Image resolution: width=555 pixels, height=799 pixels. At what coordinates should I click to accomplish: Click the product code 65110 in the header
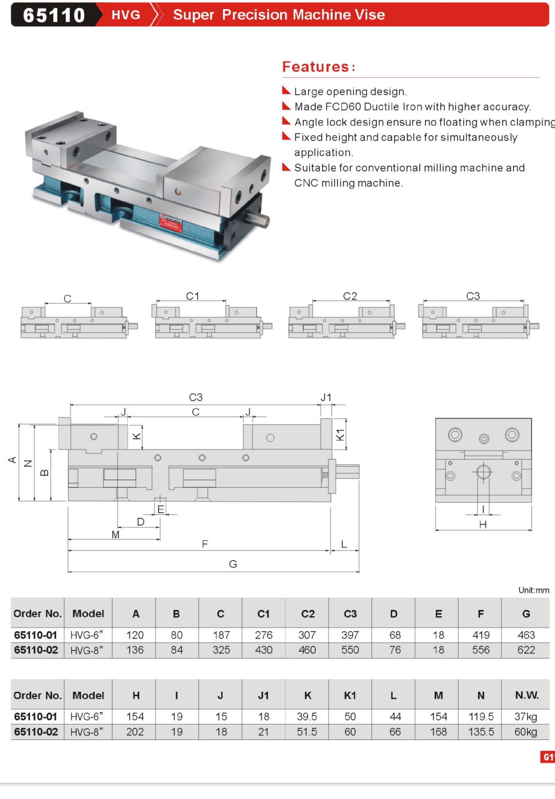pyautogui.click(x=54, y=15)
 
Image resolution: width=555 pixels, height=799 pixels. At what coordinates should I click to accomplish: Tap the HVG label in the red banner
pyautogui.click(x=126, y=15)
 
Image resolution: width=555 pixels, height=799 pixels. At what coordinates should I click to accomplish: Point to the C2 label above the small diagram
pyautogui.click(x=350, y=296)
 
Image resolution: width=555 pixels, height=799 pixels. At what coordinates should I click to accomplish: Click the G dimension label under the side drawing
pyautogui.click(x=233, y=564)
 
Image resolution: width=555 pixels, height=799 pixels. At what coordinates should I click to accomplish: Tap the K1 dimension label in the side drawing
pyautogui.click(x=340, y=434)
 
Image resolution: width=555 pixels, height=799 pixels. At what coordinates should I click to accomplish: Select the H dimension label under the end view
pyautogui.click(x=483, y=524)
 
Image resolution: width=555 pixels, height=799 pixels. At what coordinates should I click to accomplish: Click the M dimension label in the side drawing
pyautogui.click(x=115, y=535)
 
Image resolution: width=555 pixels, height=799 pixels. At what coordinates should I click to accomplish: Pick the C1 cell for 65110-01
pyautogui.click(x=264, y=635)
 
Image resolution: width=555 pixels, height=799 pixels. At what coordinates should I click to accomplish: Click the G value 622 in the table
pyautogui.click(x=526, y=650)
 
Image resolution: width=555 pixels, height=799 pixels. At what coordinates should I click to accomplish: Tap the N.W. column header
pyautogui.click(x=526, y=695)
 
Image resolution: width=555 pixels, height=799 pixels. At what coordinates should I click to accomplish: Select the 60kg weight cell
pyautogui.click(x=526, y=732)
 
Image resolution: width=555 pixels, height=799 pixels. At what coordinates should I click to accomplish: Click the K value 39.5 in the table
pyautogui.click(x=307, y=716)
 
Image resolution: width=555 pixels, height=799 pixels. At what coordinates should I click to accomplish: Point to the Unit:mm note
pyautogui.click(x=533, y=590)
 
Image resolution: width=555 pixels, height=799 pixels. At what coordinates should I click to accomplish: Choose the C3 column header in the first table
pyautogui.click(x=350, y=614)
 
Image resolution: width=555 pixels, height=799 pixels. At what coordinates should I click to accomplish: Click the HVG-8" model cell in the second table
pyautogui.click(x=87, y=732)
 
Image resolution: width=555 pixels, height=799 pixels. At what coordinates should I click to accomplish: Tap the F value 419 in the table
pyautogui.click(x=481, y=635)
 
